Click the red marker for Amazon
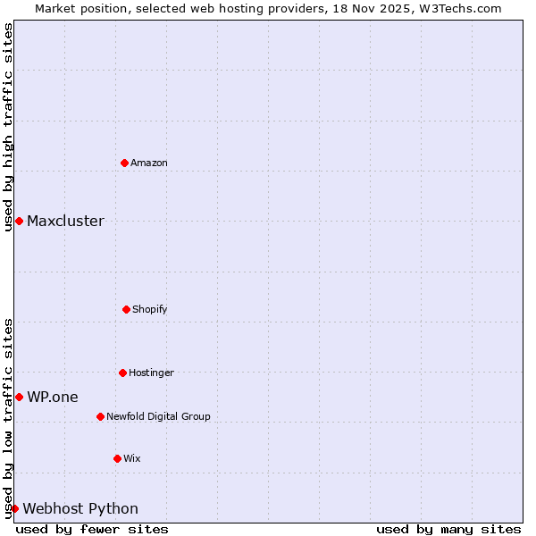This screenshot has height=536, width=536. pyautogui.click(x=124, y=163)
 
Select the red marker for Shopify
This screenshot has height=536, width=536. pyautogui.click(x=126, y=309)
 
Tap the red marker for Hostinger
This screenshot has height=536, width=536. pyautogui.click(x=122, y=373)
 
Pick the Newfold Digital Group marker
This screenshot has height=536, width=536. pyautogui.click(x=100, y=416)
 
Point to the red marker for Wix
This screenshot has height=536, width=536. pyautogui.click(x=117, y=458)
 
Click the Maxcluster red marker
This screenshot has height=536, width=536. pyautogui.click(x=19, y=221)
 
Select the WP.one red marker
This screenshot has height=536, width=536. pyautogui.click(x=19, y=397)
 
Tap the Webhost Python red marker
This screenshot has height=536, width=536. pyautogui.click(x=14, y=508)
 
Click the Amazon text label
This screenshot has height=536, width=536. pyautogui.click(x=149, y=163)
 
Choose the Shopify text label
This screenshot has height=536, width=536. pyautogui.click(x=150, y=309)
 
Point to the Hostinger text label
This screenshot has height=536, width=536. pyautogui.click(x=151, y=373)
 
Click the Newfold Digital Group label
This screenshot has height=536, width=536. pyautogui.click(x=158, y=416)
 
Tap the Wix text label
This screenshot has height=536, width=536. pyautogui.click(x=132, y=458)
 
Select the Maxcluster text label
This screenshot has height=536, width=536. pyautogui.click(x=65, y=221)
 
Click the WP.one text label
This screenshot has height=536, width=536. pyautogui.click(x=53, y=397)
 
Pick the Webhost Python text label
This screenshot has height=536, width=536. pyautogui.click(x=80, y=508)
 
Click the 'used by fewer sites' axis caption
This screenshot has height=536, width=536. pyautogui.click(x=92, y=529)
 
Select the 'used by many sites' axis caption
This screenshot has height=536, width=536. pyautogui.click(x=448, y=529)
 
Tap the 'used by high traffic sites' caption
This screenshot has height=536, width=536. pyautogui.click(x=8, y=127)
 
